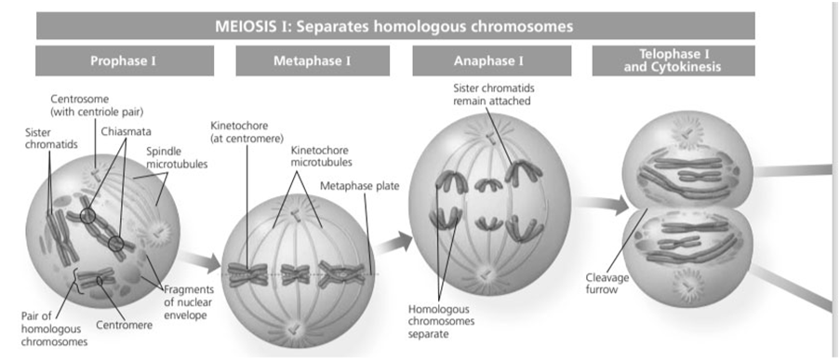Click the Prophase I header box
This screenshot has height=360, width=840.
click(x=125, y=60)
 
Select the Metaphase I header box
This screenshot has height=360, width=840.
click(x=313, y=60)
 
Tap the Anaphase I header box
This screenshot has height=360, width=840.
click(x=488, y=60)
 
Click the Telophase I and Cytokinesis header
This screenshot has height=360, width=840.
click(x=673, y=60)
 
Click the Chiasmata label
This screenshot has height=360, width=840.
click(x=126, y=131)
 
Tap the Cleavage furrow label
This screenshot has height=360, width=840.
click(x=607, y=284)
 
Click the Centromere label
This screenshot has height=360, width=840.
click(x=125, y=324)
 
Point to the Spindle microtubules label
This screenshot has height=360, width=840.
click(x=177, y=157)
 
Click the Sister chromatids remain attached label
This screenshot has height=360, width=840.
click(x=492, y=94)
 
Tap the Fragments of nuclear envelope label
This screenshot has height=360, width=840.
click(x=189, y=302)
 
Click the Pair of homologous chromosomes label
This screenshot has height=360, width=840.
click(x=54, y=327)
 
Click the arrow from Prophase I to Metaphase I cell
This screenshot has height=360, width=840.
click(x=199, y=260)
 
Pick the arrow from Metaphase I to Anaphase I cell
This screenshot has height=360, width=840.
click(x=393, y=243)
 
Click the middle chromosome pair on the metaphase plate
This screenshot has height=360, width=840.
click(x=296, y=273)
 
